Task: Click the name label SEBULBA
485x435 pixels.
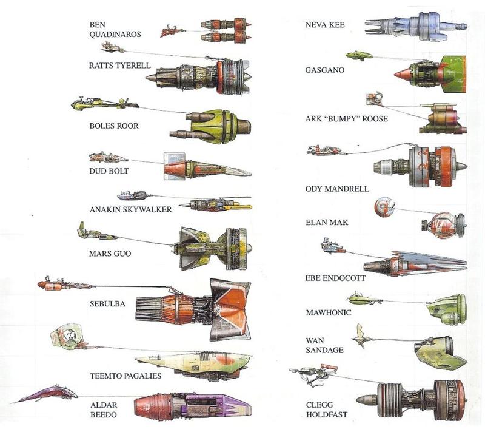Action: point(107,303)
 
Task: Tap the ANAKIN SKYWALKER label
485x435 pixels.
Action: point(130,209)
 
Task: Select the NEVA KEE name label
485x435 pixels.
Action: point(326,25)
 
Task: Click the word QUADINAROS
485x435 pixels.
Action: point(116,35)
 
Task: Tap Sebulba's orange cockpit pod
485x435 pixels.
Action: point(50,284)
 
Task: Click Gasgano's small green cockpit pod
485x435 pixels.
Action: point(359,56)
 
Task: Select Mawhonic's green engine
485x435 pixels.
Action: point(447,309)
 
